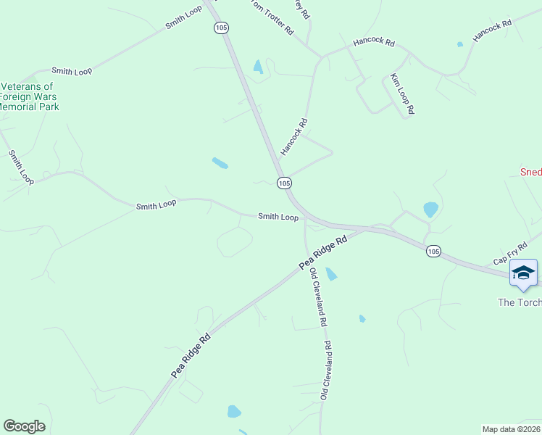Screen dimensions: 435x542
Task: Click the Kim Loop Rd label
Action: tap(401, 94)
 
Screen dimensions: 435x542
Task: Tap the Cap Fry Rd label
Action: tap(509, 254)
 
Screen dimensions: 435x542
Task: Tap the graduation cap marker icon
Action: tap(523, 273)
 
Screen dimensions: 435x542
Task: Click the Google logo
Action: tap(24, 426)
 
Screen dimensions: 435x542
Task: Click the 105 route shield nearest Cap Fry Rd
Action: tap(433, 251)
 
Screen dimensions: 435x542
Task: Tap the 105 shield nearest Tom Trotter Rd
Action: tap(221, 28)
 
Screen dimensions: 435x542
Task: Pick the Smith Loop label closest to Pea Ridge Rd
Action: tap(278, 217)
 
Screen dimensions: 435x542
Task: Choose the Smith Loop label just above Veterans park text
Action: tap(72, 71)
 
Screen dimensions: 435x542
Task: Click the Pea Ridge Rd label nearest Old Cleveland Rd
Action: tap(322, 252)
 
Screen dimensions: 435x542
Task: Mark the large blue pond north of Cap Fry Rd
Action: tap(430, 210)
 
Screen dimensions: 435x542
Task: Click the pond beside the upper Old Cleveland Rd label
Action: tap(331, 274)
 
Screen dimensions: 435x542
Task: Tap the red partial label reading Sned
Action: tap(530, 172)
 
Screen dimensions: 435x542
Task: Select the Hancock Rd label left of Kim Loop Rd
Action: tap(373, 43)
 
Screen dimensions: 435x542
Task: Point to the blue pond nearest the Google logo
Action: tap(234, 412)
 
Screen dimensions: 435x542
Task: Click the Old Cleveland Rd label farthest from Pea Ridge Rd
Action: tap(326, 370)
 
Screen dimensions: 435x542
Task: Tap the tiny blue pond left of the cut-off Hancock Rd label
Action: tap(460, 44)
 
